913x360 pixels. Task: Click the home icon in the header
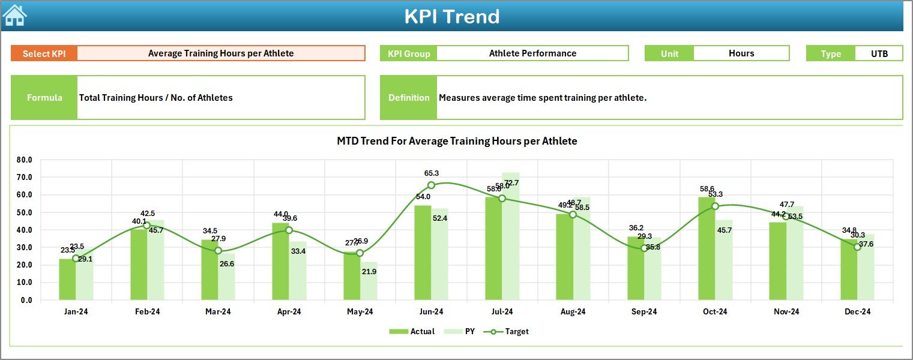(14, 16)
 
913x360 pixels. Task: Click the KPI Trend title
(451, 16)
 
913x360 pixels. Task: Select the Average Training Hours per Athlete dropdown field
(221, 53)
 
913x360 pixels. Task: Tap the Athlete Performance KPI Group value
(532, 53)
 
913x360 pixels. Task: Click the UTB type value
(879, 53)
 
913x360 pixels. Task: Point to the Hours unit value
(741, 53)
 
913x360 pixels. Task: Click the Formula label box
(44, 98)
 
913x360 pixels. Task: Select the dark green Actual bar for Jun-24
(423, 253)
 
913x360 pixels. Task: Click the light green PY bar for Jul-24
(511, 236)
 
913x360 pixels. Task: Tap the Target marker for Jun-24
(431, 185)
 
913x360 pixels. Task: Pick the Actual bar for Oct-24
(707, 248)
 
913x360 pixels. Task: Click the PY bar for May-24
(369, 281)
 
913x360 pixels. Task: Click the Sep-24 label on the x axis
(644, 312)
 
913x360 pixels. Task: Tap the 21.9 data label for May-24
(369, 272)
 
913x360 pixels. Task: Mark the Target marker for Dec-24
(857, 247)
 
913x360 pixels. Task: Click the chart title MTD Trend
(457, 141)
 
